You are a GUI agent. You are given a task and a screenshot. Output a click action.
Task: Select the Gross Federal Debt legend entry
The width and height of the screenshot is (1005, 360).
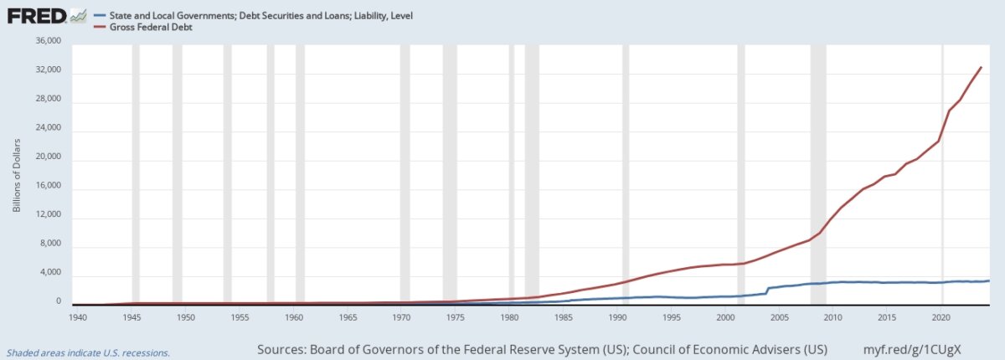pos(143,28)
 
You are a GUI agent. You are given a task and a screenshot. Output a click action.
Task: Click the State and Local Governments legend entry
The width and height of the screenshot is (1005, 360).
pos(254,16)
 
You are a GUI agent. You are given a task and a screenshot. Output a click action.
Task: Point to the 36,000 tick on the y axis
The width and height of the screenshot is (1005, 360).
pos(48,41)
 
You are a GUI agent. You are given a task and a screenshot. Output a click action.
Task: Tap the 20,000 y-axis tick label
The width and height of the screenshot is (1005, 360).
pos(48,157)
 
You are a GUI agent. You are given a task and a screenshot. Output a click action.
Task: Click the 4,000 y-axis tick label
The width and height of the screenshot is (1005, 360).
pos(50,272)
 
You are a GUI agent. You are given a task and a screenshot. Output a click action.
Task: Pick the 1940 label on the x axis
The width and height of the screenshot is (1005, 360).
pos(78,317)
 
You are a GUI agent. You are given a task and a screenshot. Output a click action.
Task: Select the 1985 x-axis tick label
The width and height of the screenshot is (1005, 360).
pos(563,317)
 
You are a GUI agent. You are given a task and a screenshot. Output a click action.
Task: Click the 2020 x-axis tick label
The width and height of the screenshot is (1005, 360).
pos(941,317)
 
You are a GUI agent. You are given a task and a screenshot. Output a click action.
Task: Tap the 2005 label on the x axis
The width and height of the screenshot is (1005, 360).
pos(780,317)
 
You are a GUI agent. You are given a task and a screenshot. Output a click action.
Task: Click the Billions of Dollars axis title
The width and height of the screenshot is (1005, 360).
pos(17,175)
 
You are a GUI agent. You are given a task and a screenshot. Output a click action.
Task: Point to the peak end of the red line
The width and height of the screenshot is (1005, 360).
pos(982,67)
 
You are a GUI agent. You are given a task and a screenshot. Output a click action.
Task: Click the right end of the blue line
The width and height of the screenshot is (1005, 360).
pos(989,281)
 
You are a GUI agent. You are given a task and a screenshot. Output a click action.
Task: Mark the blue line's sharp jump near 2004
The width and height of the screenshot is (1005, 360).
pos(767,291)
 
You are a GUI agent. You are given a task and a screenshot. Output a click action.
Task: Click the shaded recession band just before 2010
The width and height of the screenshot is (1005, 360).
pos(818,175)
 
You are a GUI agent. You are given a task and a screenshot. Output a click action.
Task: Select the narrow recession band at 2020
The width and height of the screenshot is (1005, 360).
pos(942,175)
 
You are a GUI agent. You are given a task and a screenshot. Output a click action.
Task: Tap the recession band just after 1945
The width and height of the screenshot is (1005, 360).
pos(136,175)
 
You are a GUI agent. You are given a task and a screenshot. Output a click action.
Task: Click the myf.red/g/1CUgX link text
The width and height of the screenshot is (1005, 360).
pos(912,350)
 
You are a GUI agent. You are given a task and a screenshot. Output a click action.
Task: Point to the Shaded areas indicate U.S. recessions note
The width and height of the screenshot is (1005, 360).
pos(89,353)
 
